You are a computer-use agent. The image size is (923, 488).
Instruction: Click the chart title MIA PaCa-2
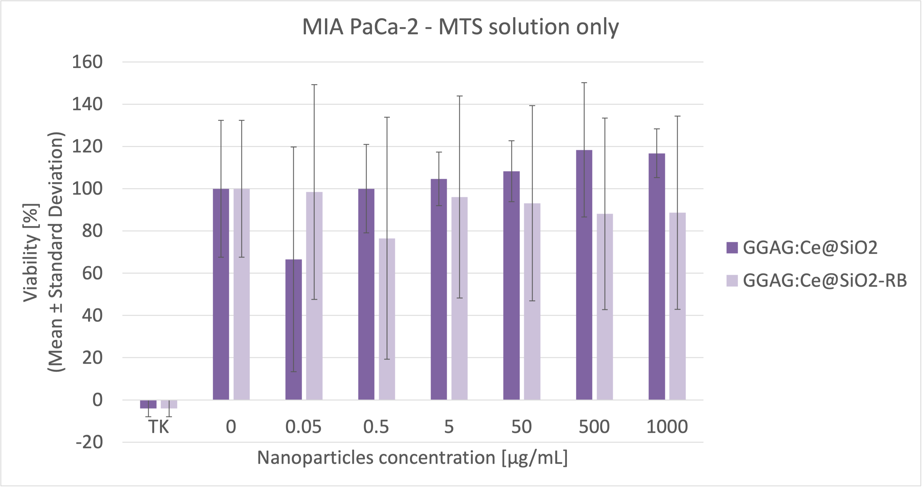(460, 27)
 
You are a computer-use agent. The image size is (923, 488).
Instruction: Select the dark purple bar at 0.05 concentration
(294, 330)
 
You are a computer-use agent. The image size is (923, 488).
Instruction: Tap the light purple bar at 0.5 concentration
(387, 319)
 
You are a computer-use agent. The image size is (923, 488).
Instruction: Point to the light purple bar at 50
(532, 301)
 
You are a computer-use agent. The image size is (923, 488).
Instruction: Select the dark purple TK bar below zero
(148, 404)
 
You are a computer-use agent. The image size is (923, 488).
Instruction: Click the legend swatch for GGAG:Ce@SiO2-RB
(732, 281)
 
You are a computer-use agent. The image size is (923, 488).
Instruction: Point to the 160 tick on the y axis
(88, 62)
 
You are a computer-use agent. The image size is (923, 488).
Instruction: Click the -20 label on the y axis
(90, 442)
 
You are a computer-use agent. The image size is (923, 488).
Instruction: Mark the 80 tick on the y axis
(92, 231)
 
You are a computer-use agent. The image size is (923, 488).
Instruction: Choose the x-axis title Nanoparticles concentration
(412, 458)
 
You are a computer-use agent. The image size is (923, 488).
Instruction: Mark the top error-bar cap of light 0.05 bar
(314, 85)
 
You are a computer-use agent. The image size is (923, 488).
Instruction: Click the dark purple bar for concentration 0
(221, 294)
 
